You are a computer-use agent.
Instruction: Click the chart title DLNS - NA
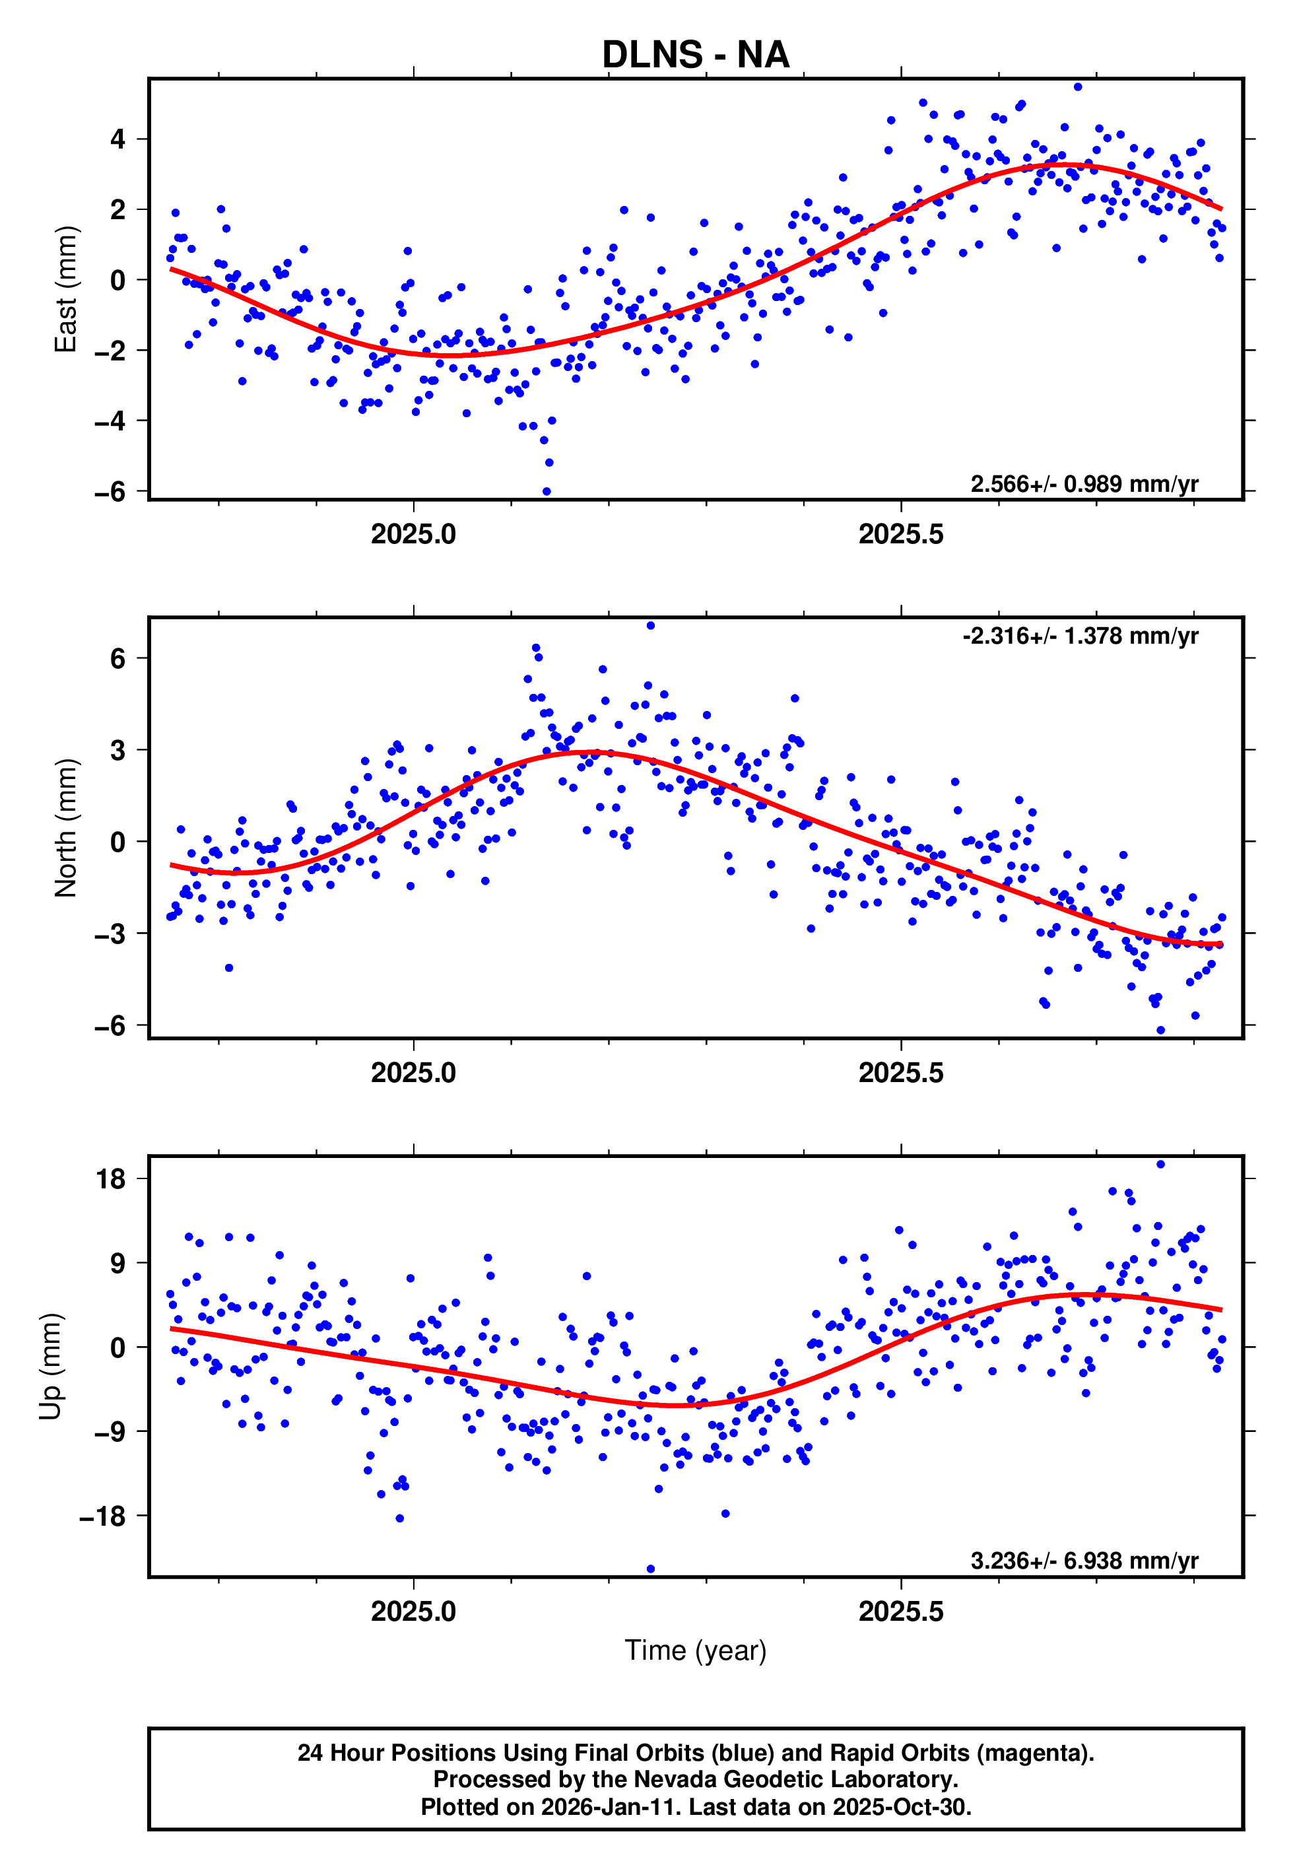[696, 54]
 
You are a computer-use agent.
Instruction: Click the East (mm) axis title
[66, 289]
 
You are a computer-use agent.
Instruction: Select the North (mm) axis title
[66, 828]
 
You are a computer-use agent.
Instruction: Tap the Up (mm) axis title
[50, 1367]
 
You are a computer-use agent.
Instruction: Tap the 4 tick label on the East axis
[118, 139]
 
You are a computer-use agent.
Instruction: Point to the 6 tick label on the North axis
[118, 658]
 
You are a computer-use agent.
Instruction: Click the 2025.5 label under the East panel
[901, 534]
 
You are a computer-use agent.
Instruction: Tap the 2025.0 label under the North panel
[413, 1073]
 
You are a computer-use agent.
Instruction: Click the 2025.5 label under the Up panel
[901, 1612]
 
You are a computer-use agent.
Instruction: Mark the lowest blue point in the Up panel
[651, 1569]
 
